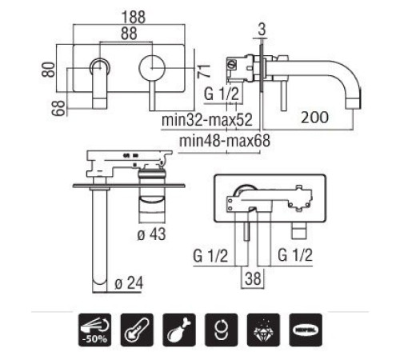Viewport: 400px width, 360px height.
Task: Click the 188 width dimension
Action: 134,17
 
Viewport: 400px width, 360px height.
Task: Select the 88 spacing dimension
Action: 129,34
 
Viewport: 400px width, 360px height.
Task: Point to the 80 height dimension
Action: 48,70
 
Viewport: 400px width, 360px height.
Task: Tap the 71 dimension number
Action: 204,71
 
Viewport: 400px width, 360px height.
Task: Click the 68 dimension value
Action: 58,108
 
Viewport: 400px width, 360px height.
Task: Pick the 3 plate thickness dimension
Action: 262,30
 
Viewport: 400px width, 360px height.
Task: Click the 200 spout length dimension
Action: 314,118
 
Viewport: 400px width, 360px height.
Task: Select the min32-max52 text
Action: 207,120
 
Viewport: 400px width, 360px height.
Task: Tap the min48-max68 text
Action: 225,141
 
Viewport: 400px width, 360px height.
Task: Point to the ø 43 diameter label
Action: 151,234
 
